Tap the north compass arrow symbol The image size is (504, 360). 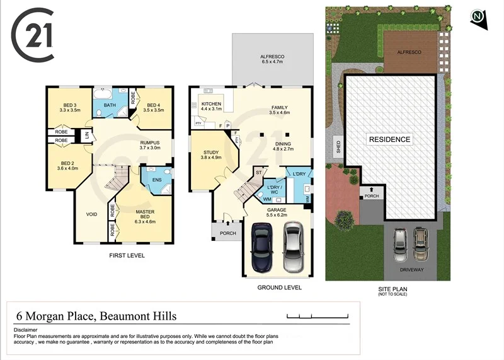pos(479,19)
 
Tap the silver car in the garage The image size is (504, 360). pos(294,246)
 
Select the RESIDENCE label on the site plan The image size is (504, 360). pos(389,139)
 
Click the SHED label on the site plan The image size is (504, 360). pos(338,148)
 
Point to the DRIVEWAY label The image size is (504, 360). pos(411,270)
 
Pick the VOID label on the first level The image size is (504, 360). pos(92,214)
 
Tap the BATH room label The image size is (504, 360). pos(110,105)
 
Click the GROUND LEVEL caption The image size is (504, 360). pos(279,287)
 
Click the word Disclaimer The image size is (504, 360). pos(26,330)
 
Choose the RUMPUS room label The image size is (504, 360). pos(150,146)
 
